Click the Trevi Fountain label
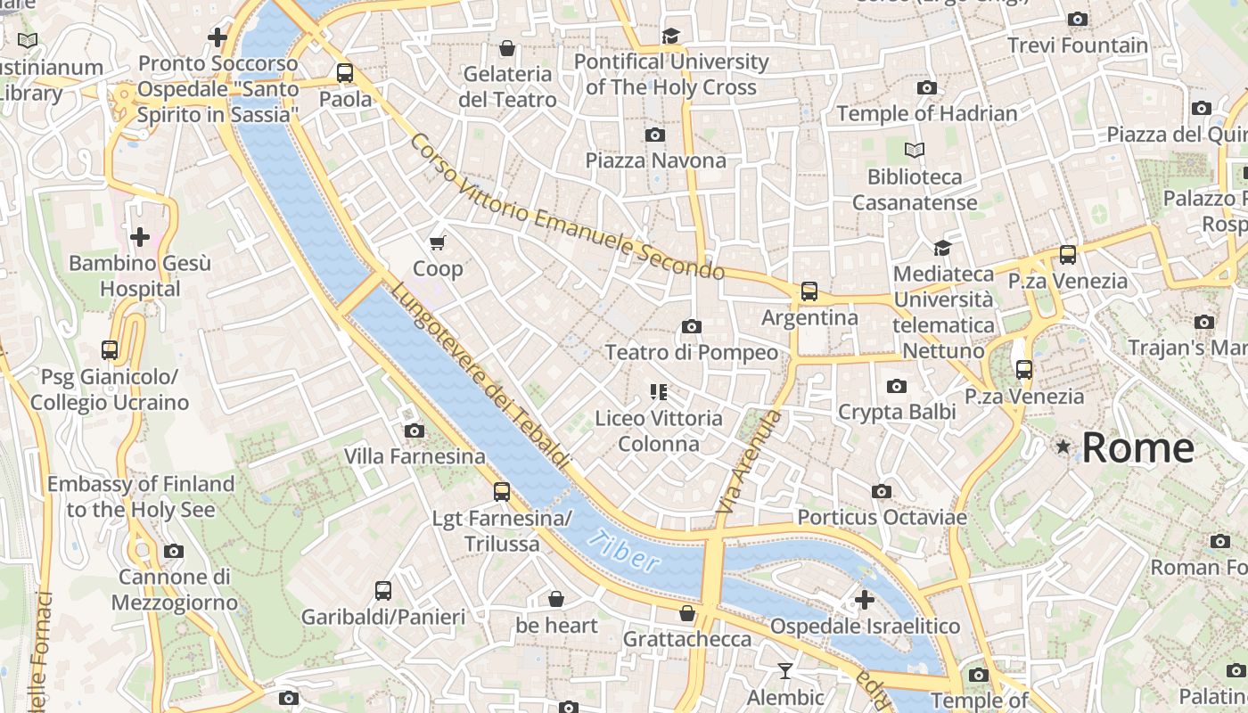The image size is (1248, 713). point(1077,45)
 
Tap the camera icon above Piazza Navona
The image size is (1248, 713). point(655,135)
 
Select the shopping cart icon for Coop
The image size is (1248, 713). point(438,242)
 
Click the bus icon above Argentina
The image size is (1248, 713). point(809,291)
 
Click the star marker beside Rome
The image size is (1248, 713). point(1063,447)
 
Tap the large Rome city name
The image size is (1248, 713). point(1138,447)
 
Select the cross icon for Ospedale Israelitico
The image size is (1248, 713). point(864,600)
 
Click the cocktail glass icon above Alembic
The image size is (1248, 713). point(785,671)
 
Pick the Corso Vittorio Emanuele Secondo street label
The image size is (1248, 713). point(567,207)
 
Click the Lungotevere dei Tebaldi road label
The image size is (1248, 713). point(479,376)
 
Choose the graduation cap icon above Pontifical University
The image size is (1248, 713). point(670,36)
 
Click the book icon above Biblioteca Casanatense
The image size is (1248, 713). point(915,150)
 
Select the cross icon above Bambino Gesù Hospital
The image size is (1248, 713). point(140,237)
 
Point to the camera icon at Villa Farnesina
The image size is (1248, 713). point(414,431)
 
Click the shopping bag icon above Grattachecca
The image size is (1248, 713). point(687,613)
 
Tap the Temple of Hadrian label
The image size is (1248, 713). point(926,113)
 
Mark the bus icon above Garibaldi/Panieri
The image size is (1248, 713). point(383,590)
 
